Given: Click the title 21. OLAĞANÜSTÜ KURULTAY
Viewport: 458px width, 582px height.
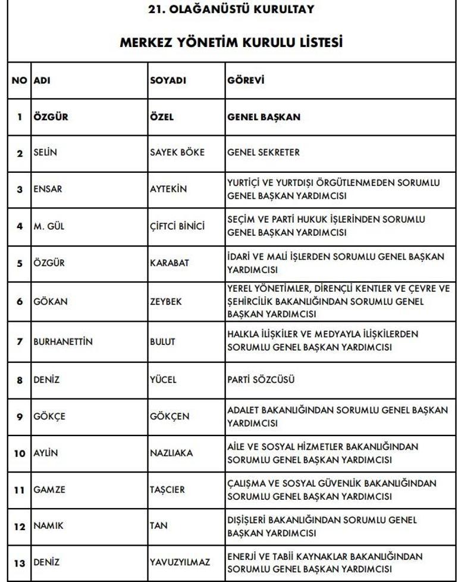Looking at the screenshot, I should click(x=230, y=10).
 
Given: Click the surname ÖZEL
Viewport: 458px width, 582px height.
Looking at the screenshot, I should click(x=161, y=117).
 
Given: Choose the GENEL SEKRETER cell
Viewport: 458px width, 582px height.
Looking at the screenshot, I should click(x=263, y=152).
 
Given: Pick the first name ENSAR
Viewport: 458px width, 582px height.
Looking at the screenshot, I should click(x=48, y=189).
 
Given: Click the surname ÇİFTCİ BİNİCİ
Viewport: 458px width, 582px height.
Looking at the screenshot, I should click(x=177, y=226).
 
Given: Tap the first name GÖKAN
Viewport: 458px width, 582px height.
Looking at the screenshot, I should click(x=50, y=301).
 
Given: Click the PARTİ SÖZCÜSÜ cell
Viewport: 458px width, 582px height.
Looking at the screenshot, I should click(x=261, y=379).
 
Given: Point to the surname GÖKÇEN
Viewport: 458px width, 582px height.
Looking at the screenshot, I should click(x=169, y=416).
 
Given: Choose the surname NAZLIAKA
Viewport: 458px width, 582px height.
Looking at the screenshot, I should click(x=171, y=453).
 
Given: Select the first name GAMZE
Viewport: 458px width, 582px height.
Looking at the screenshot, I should click(x=48, y=490).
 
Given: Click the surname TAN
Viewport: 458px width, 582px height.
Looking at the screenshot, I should click(x=159, y=525).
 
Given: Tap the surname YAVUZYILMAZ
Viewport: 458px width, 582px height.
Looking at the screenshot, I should click(x=180, y=562).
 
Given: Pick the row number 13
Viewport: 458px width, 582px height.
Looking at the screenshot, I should click(x=20, y=562).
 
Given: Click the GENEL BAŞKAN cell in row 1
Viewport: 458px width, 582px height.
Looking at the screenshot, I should click(x=263, y=117).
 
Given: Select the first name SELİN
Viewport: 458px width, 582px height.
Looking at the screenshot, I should click(x=45, y=152).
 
